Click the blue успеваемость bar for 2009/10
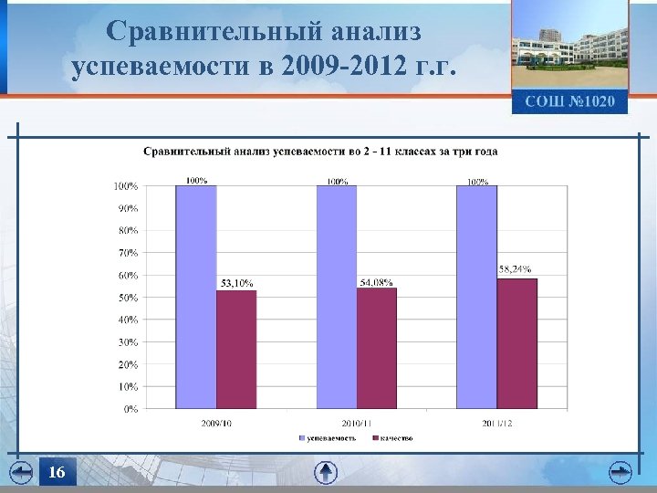196,297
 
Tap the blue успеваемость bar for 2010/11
337,297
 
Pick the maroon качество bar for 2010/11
377,348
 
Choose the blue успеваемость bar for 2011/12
476,297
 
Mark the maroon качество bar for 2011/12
517,343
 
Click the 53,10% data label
235,283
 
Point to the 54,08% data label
376,282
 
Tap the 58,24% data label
516,269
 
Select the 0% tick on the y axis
130,409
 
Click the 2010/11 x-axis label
356,423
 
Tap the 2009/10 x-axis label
216,423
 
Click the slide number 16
57,472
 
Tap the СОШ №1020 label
569,100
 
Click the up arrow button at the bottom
326,472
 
